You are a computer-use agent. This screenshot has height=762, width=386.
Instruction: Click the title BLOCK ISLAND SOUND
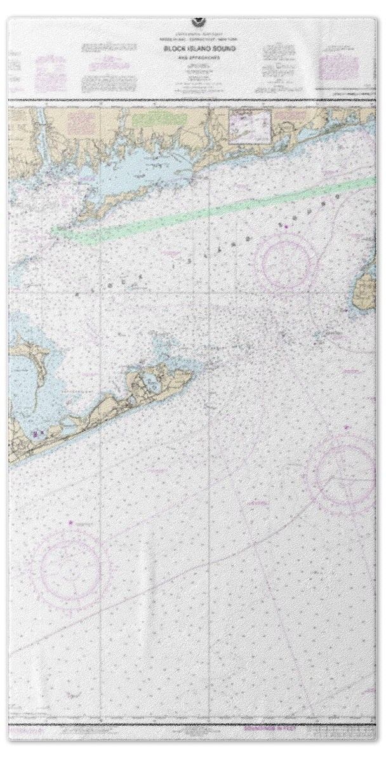click(193, 47)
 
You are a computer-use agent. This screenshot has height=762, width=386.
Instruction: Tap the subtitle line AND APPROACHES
click(193, 55)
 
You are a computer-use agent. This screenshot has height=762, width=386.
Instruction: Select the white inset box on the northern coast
click(249, 124)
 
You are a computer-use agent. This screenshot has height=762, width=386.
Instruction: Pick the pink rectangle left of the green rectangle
click(81, 121)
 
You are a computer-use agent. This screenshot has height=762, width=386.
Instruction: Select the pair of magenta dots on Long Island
click(39, 434)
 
